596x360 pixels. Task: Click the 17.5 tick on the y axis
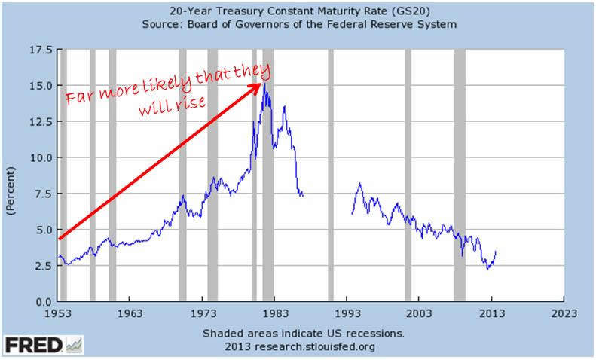click(x=42, y=50)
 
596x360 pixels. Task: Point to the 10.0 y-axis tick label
click(x=42, y=157)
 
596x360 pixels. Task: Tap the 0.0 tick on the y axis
click(x=45, y=302)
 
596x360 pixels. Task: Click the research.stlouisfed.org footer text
click(x=327, y=347)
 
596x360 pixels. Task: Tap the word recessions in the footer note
click(x=374, y=334)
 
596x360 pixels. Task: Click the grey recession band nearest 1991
click(x=331, y=175)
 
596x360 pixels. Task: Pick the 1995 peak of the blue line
click(x=359, y=183)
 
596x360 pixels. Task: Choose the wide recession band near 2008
click(x=460, y=175)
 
